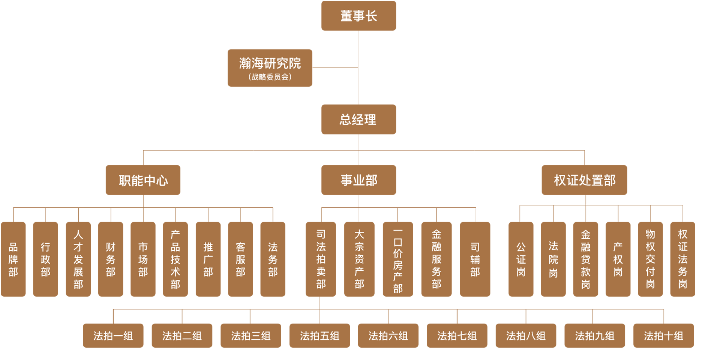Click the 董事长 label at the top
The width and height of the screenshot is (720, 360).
358,16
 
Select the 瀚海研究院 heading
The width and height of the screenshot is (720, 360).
270,63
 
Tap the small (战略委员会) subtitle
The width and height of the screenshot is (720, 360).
270,77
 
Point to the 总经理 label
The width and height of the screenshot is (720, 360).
358,120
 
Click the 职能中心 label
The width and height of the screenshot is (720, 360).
143,181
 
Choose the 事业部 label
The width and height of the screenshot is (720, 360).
359,180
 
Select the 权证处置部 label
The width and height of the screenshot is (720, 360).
585,180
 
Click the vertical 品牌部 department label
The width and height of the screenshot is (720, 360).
13,259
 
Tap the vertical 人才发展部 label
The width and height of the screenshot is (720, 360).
78,259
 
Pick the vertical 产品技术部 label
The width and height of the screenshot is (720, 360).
175,259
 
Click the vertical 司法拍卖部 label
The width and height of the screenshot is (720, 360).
321,259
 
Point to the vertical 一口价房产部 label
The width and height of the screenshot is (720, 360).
398,261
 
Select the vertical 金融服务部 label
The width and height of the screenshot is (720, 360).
436,259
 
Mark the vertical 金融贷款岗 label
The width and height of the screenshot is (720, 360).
586,259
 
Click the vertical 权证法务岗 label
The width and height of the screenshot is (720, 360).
682,259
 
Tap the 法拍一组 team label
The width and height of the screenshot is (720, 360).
113,336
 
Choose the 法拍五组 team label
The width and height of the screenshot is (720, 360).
319,336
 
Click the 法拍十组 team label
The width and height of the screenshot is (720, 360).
663,336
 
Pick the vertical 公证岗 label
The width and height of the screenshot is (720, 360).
521,259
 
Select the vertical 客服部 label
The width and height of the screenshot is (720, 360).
240,259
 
